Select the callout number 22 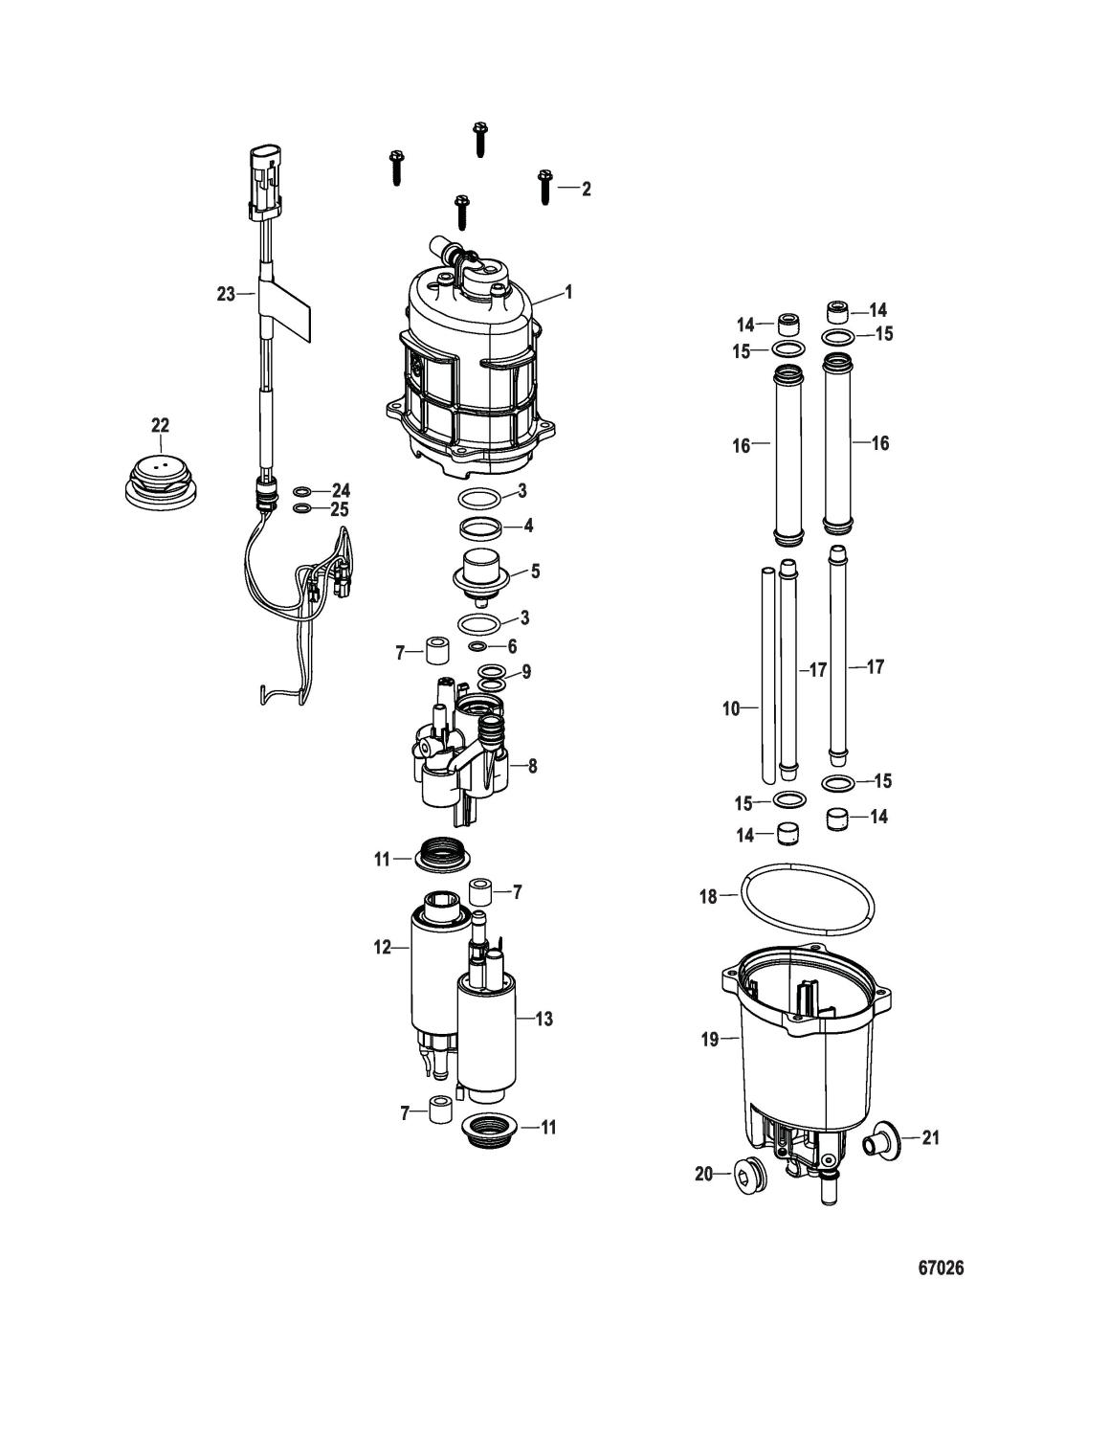coord(160,426)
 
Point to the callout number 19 coord(710,1040)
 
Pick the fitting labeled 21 coord(882,1138)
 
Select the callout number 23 coord(226,294)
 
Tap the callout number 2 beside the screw coord(586,189)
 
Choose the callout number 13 coord(543,1019)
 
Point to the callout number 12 coord(383,947)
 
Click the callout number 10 coord(731,709)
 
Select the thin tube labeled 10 coord(766,674)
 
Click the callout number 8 coord(532,766)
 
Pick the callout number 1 coord(568,292)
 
